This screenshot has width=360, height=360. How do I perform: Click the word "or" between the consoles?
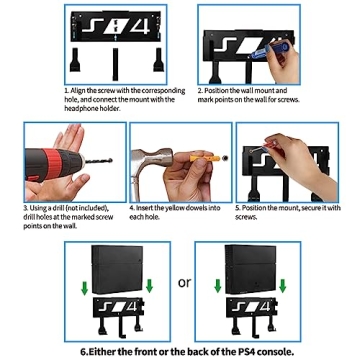pyautogui.click(x=184, y=283)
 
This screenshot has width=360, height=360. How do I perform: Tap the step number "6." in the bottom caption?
pyautogui.click(x=84, y=352)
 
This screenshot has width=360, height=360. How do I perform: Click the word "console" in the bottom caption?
pyautogui.click(x=257, y=352)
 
